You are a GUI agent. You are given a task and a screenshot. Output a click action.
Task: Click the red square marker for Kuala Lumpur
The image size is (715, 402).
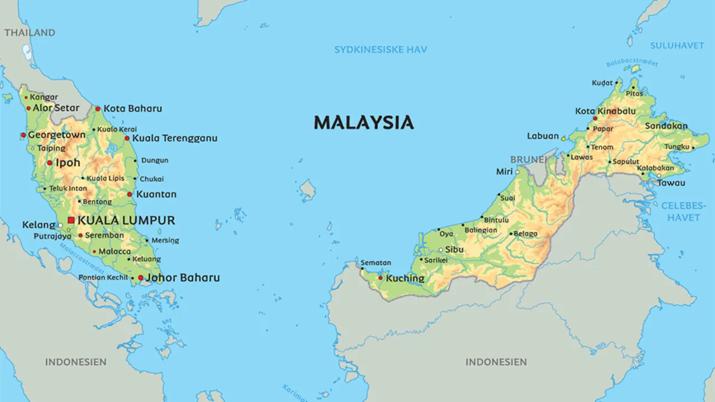point(71,221)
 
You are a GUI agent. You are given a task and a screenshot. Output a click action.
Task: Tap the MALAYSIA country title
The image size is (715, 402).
point(364,123)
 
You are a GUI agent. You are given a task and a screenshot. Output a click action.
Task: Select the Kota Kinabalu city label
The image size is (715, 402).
point(606,111)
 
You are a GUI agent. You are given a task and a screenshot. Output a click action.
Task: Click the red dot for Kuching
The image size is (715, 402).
point(380,277)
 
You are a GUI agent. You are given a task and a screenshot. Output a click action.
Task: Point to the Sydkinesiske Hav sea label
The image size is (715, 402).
point(380,50)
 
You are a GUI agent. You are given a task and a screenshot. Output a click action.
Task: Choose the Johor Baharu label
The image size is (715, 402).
point(183,277)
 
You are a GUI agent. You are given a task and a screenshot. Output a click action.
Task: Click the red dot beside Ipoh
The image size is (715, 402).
point(50,163)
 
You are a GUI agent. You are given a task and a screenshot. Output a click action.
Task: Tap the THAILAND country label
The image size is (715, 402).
point(30,32)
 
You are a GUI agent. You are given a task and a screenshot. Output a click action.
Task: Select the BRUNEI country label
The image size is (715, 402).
point(528,160)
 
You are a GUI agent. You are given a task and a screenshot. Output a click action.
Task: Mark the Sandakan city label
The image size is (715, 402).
point(666,126)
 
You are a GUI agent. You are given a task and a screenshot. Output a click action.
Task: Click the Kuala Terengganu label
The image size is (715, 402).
point(174,138)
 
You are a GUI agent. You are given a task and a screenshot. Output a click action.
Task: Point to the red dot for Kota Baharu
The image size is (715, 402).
point(98,109)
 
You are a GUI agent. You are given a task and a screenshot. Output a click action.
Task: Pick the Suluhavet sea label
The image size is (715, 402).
point(677,45)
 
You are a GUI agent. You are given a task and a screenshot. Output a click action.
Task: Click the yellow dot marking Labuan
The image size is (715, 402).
point(564,138)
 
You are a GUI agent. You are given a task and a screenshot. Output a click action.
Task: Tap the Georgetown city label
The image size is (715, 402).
point(56,135)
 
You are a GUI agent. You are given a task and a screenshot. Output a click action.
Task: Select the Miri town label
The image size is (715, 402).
point(504,171)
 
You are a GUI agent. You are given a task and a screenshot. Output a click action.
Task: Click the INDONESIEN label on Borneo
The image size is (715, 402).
point(496,362)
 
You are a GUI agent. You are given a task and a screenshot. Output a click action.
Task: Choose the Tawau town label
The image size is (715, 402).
point(671,183)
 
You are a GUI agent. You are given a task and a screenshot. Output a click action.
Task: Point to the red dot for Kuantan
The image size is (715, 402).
point(130,194)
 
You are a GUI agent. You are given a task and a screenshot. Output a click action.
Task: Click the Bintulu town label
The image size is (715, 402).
point(496,221)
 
